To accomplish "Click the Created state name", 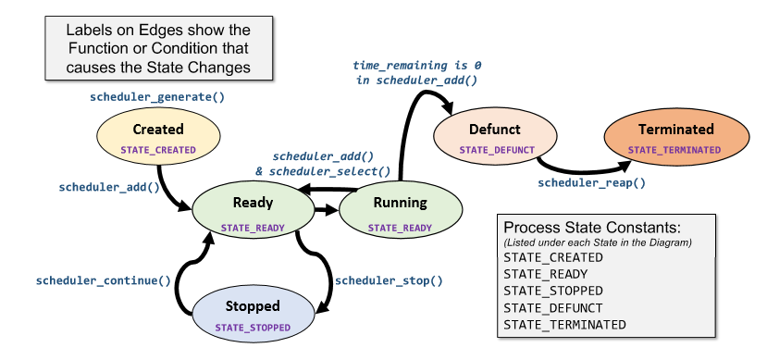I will pos(158,130).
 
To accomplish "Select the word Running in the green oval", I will pos(400,203).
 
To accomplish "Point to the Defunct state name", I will pos(495,130).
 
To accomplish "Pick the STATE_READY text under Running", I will pos(400,227).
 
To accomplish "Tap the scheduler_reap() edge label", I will pos(592,183).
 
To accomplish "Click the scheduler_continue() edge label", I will pos(104,280).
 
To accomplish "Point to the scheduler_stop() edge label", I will pos(389,280).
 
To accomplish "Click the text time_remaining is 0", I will pos(416,66).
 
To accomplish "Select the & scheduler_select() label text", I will pos(323,171).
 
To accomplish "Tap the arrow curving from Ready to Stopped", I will pos(320,268).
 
